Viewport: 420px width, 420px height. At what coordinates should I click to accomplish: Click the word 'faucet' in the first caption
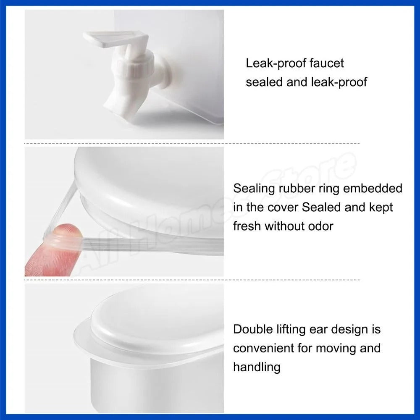[326, 63]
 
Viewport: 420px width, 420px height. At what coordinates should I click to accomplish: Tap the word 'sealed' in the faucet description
[264, 82]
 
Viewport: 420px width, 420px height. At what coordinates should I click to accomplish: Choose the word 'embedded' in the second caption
[373, 188]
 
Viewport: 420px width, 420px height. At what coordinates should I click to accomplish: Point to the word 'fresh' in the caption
[247, 226]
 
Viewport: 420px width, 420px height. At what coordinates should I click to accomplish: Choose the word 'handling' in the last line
[257, 367]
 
